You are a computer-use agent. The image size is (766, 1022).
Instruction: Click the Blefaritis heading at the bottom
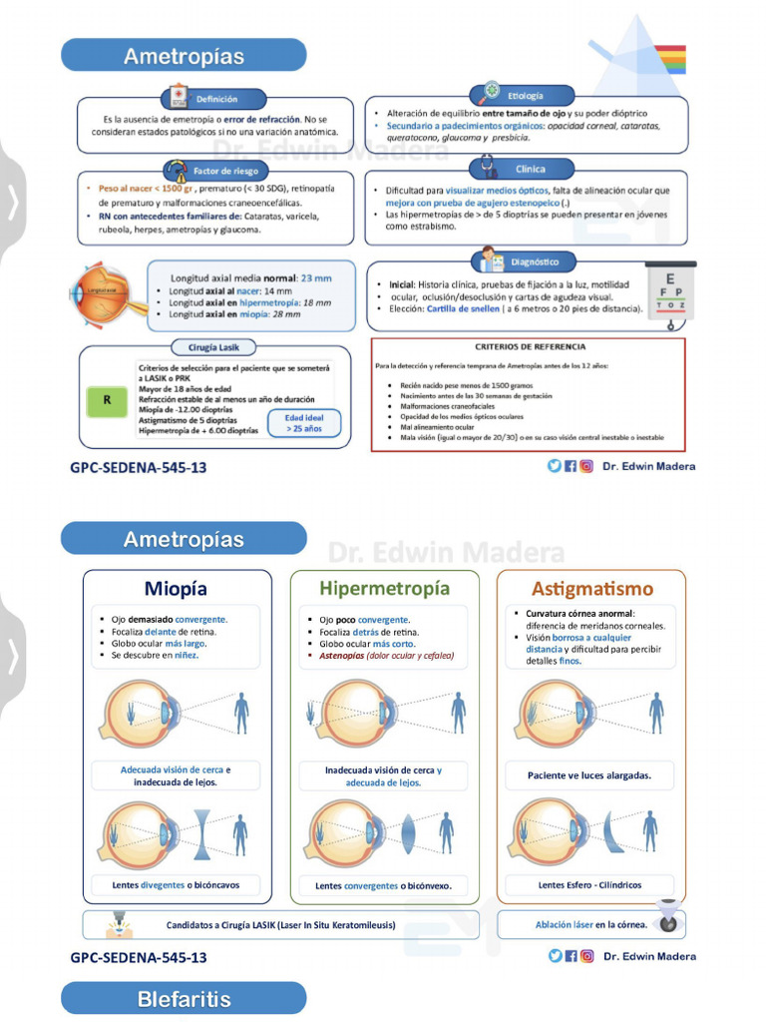184,999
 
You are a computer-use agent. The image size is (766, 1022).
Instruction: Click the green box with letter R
106,401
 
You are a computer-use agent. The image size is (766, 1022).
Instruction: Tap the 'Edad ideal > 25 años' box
304,423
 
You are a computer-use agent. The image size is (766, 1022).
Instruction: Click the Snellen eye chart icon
670,290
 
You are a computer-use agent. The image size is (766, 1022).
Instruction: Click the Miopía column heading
176,588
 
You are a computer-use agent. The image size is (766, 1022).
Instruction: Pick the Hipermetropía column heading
384,588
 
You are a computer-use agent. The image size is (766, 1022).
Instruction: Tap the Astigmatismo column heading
591,588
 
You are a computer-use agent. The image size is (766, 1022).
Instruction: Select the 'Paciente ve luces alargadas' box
589,775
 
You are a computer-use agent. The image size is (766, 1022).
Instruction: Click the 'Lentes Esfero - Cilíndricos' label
589,884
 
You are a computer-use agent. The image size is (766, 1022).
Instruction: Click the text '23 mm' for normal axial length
315,278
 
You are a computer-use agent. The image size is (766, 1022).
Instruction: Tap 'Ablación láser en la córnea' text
590,924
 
